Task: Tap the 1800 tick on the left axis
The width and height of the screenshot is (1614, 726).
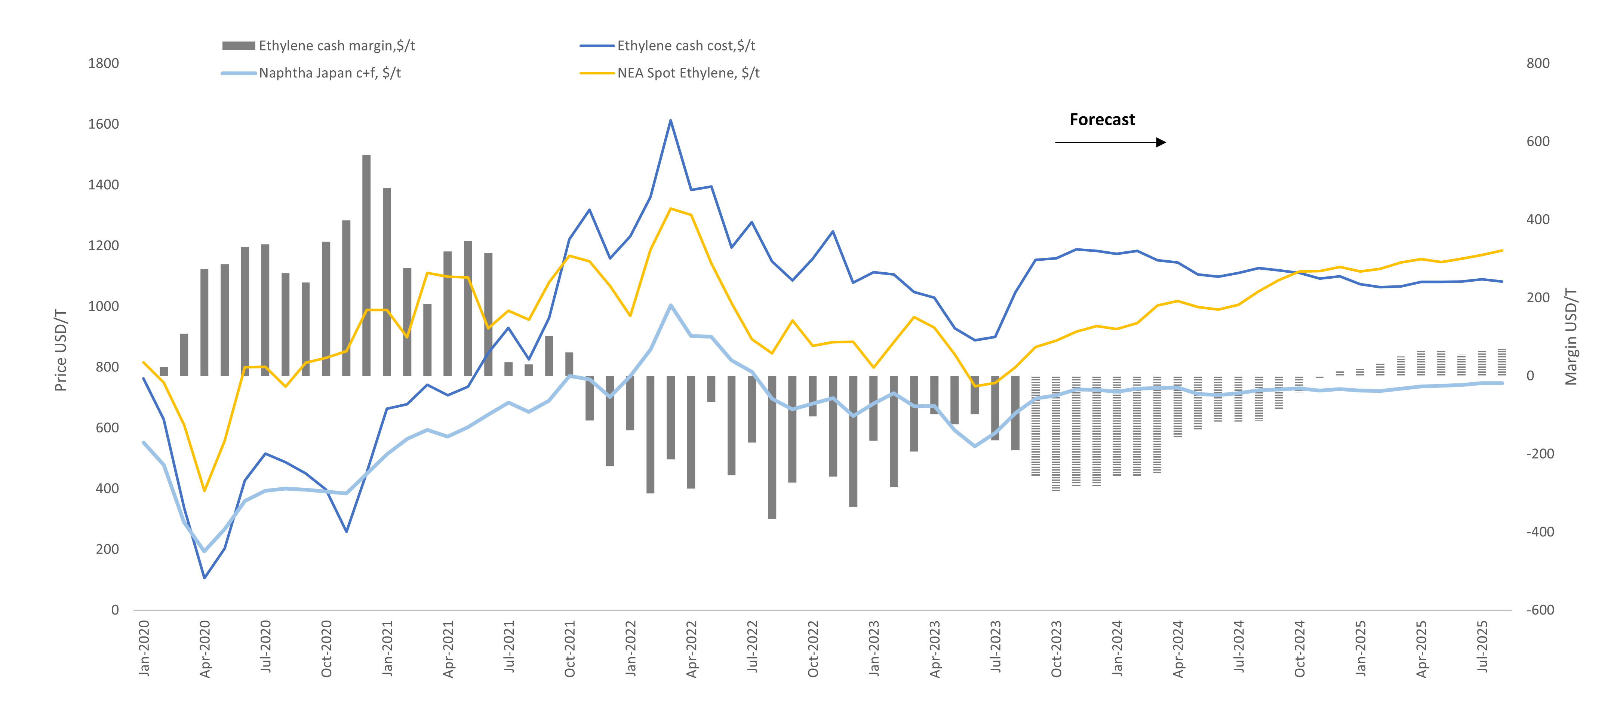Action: (x=104, y=63)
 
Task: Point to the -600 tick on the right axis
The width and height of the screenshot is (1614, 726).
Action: (x=1540, y=610)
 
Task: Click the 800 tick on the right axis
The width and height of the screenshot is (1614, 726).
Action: (x=1538, y=63)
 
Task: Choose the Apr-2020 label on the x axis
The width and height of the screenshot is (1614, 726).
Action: (x=205, y=649)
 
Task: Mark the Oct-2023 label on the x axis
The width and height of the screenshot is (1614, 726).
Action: (x=1056, y=649)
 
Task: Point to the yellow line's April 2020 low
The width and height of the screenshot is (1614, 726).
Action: (x=204, y=490)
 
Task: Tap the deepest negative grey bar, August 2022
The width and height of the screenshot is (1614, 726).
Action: (x=772, y=448)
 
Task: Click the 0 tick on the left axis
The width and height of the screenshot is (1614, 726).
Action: (x=115, y=610)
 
